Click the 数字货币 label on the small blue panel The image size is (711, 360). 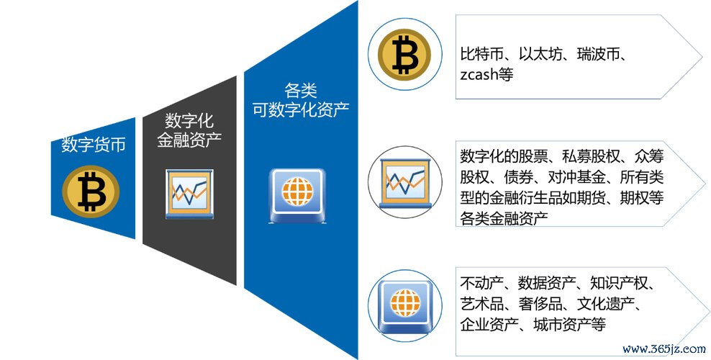94,145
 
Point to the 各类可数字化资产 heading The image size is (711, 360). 301,102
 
